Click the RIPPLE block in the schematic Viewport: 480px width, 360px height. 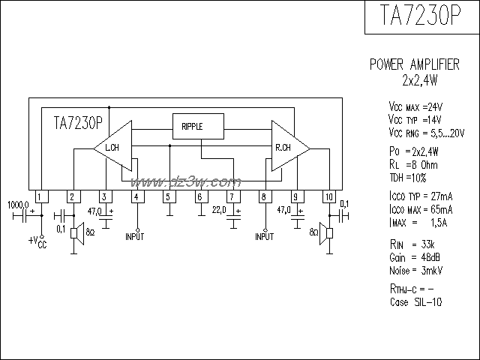[198, 126]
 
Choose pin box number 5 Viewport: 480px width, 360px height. [169, 197]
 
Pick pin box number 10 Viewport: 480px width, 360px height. [328, 197]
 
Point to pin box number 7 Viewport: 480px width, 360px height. [232, 197]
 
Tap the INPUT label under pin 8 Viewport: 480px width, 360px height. [265, 236]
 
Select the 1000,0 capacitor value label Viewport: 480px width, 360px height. [18, 204]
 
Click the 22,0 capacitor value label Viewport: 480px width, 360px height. [218, 208]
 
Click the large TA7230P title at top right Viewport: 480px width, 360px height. [421, 17]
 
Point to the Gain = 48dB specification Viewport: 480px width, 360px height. [409, 256]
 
